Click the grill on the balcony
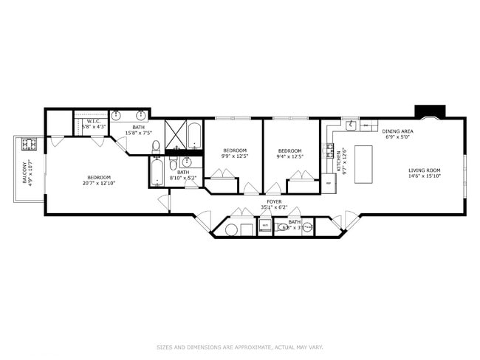coord(30,143)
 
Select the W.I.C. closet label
coord(94,124)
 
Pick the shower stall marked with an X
coord(174,134)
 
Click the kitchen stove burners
coord(329,153)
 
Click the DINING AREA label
coord(397,132)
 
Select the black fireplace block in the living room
coord(428,111)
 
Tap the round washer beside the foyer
coord(229,229)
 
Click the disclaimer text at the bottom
coord(239,346)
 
